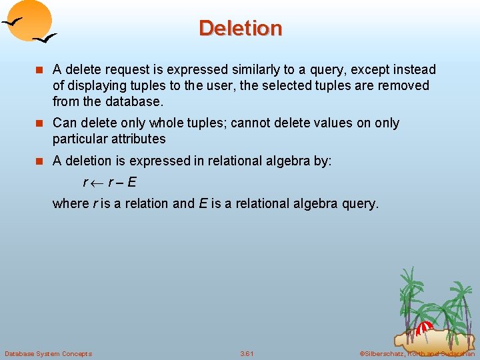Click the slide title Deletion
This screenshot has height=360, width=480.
pos(240,28)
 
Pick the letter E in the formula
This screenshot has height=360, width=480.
pos(132,181)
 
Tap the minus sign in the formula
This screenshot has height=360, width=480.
pos(121,182)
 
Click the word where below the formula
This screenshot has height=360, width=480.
pos(70,203)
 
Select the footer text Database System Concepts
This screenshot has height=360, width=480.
pos(48,353)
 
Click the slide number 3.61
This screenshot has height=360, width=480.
pos(247,353)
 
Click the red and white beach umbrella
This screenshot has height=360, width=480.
pos(424,328)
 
